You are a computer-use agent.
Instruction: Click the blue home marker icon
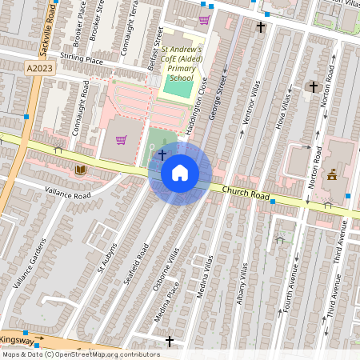180,173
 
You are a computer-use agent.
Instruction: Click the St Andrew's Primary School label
182,63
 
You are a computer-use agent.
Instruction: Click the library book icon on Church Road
80,170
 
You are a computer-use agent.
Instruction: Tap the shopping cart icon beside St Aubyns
121,140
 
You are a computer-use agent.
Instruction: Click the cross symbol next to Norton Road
314,86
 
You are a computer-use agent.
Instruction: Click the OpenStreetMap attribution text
80,354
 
